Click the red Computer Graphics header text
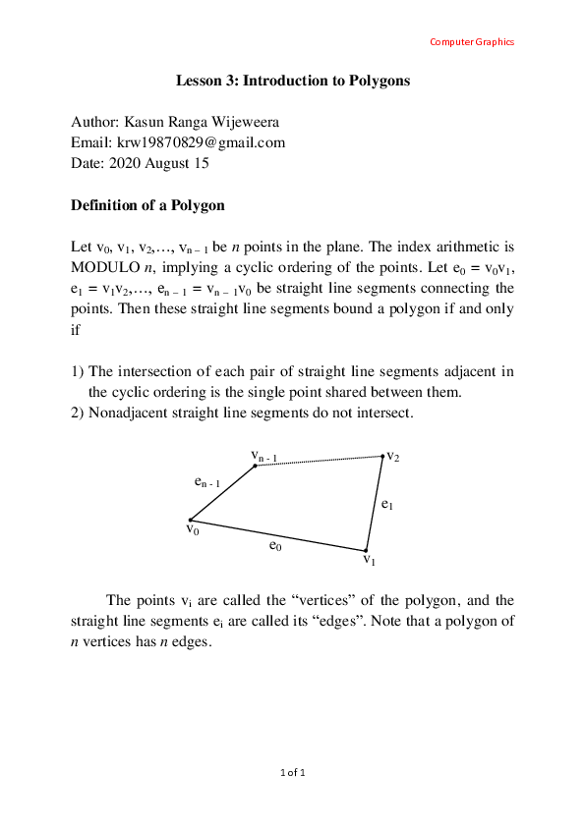tap(472, 41)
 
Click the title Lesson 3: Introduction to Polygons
tap(293, 81)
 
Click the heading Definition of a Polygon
tap(147, 205)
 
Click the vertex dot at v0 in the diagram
tap(190, 520)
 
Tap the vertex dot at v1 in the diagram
tap(366, 551)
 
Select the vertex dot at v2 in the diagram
tap(382, 456)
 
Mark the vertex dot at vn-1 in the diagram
tap(255, 466)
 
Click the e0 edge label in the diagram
tap(275, 545)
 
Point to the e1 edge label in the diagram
tap(387, 504)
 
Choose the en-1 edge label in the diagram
tap(207, 482)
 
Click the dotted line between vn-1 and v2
tap(319, 461)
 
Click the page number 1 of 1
tap(293, 773)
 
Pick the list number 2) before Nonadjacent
tap(78, 413)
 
